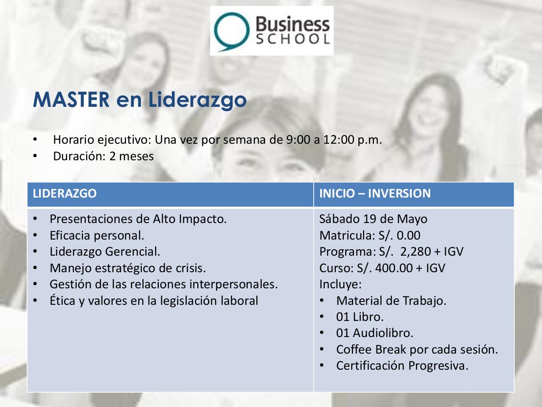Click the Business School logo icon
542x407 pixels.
[x=231, y=31]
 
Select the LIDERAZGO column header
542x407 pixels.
[x=65, y=194]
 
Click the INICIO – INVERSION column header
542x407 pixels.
[x=375, y=194]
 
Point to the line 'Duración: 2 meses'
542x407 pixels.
[x=103, y=156]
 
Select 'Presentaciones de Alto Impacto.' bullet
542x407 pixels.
[x=138, y=219]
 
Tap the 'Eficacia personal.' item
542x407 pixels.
[x=97, y=235]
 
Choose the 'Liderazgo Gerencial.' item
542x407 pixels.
[x=105, y=252]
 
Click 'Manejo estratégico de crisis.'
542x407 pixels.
[x=128, y=268]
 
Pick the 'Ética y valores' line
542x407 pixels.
[x=154, y=301]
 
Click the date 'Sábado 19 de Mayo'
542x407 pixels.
[x=373, y=219]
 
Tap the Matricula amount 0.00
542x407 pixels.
[x=409, y=235]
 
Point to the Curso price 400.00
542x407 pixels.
[x=395, y=268]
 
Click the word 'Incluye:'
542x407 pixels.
[x=340, y=284]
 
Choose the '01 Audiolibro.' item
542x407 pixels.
[x=375, y=333]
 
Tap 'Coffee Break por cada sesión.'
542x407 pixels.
[x=417, y=350]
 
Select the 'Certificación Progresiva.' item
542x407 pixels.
[x=402, y=366]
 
